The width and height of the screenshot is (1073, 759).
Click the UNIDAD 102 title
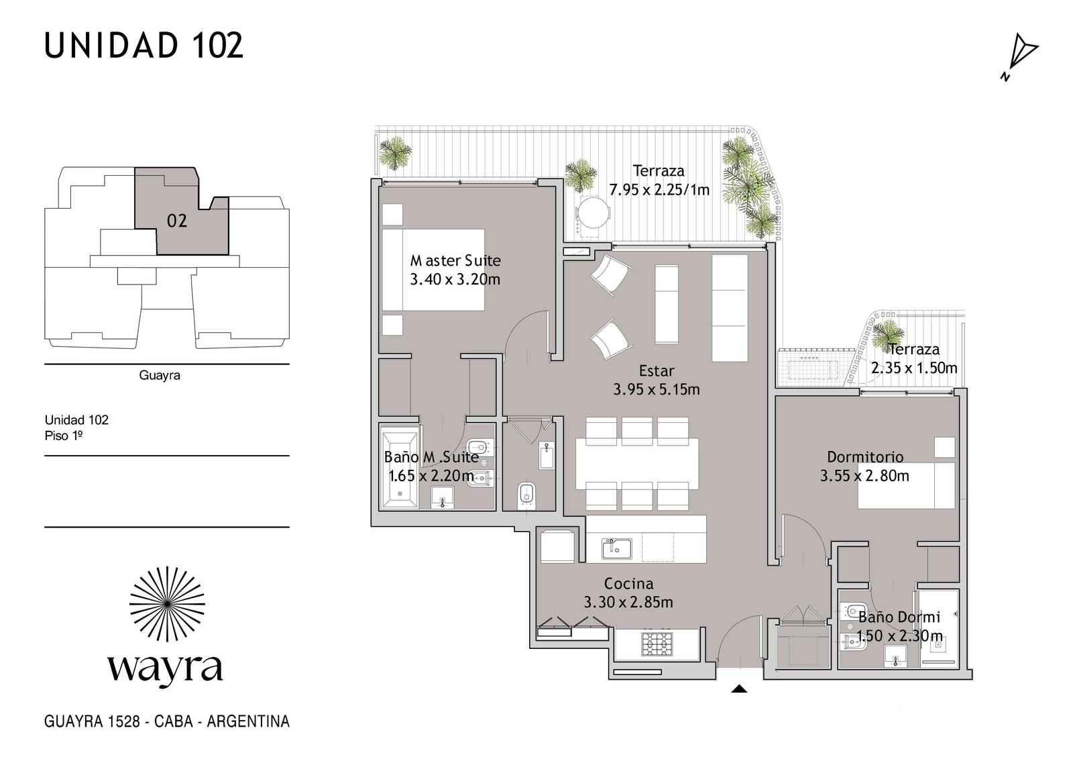point(144,46)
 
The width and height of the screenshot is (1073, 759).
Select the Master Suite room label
point(455,260)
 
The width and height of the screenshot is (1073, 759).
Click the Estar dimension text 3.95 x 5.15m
point(657,389)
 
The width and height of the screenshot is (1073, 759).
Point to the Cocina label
point(628,584)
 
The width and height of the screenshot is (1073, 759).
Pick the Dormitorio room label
point(865,456)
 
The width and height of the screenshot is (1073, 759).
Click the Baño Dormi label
point(899,617)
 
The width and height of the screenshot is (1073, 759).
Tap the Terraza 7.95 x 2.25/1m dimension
point(659,190)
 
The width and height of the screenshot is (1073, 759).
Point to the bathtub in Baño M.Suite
point(400,469)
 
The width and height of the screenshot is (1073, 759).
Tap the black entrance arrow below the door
point(739,689)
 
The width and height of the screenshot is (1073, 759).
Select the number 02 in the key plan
point(177,221)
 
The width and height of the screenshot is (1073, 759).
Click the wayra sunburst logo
point(167,604)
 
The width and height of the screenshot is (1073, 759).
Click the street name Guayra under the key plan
point(160,375)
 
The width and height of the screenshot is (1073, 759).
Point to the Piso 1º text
point(63,436)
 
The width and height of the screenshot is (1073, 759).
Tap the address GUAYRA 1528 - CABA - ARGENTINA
point(167,721)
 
